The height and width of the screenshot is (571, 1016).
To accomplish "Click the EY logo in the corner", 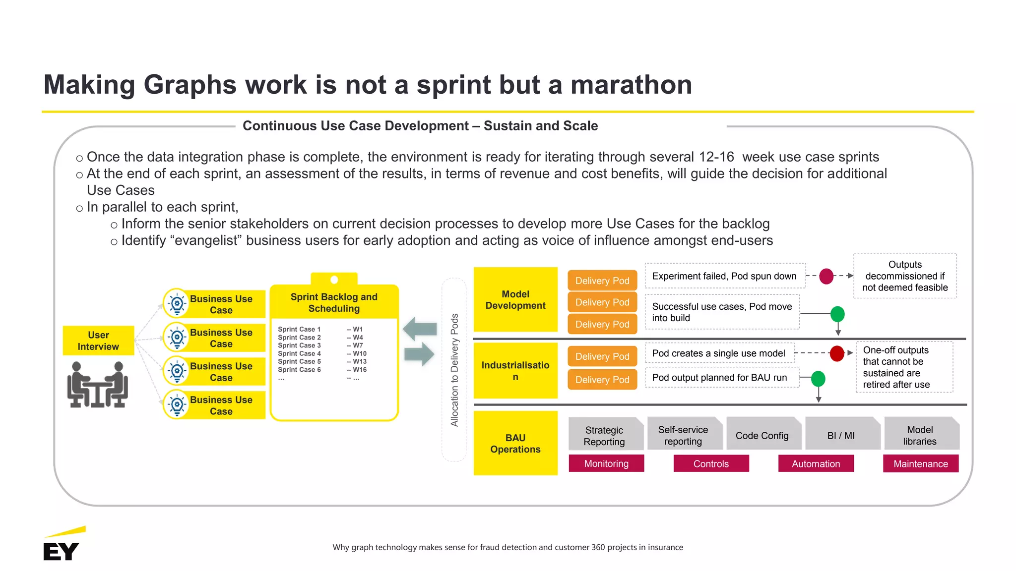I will (x=62, y=546).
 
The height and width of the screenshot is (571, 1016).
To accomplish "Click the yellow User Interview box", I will (x=98, y=341).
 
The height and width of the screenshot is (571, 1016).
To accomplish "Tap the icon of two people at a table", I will (x=98, y=385).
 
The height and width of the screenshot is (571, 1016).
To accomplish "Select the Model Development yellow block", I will (x=515, y=300).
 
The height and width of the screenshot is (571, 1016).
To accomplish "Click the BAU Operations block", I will (x=515, y=443).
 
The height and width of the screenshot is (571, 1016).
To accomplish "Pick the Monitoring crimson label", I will (x=606, y=463).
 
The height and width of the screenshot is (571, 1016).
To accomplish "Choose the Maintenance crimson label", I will (x=921, y=463).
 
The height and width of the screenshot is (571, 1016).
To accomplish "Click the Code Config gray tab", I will (x=762, y=435).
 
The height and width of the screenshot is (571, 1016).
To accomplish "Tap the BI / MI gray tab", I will (x=841, y=435).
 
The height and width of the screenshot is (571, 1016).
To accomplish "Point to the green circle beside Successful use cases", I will (x=837, y=314).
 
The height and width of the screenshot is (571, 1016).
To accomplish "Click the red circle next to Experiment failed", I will (x=826, y=276).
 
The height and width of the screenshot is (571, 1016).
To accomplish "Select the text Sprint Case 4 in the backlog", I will (x=299, y=353).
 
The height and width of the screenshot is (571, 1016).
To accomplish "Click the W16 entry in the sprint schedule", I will (x=359, y=370).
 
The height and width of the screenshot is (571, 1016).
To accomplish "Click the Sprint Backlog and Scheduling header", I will (x=334, y=302).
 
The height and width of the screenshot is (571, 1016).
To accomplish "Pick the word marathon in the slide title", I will (x=631, y=85).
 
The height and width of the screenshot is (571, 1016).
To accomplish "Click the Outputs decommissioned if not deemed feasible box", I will (x=905, y=276).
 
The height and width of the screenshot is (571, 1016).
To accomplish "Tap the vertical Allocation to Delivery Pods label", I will (x=454, y=370).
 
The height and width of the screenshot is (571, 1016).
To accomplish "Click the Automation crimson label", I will (x=816, y=463).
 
